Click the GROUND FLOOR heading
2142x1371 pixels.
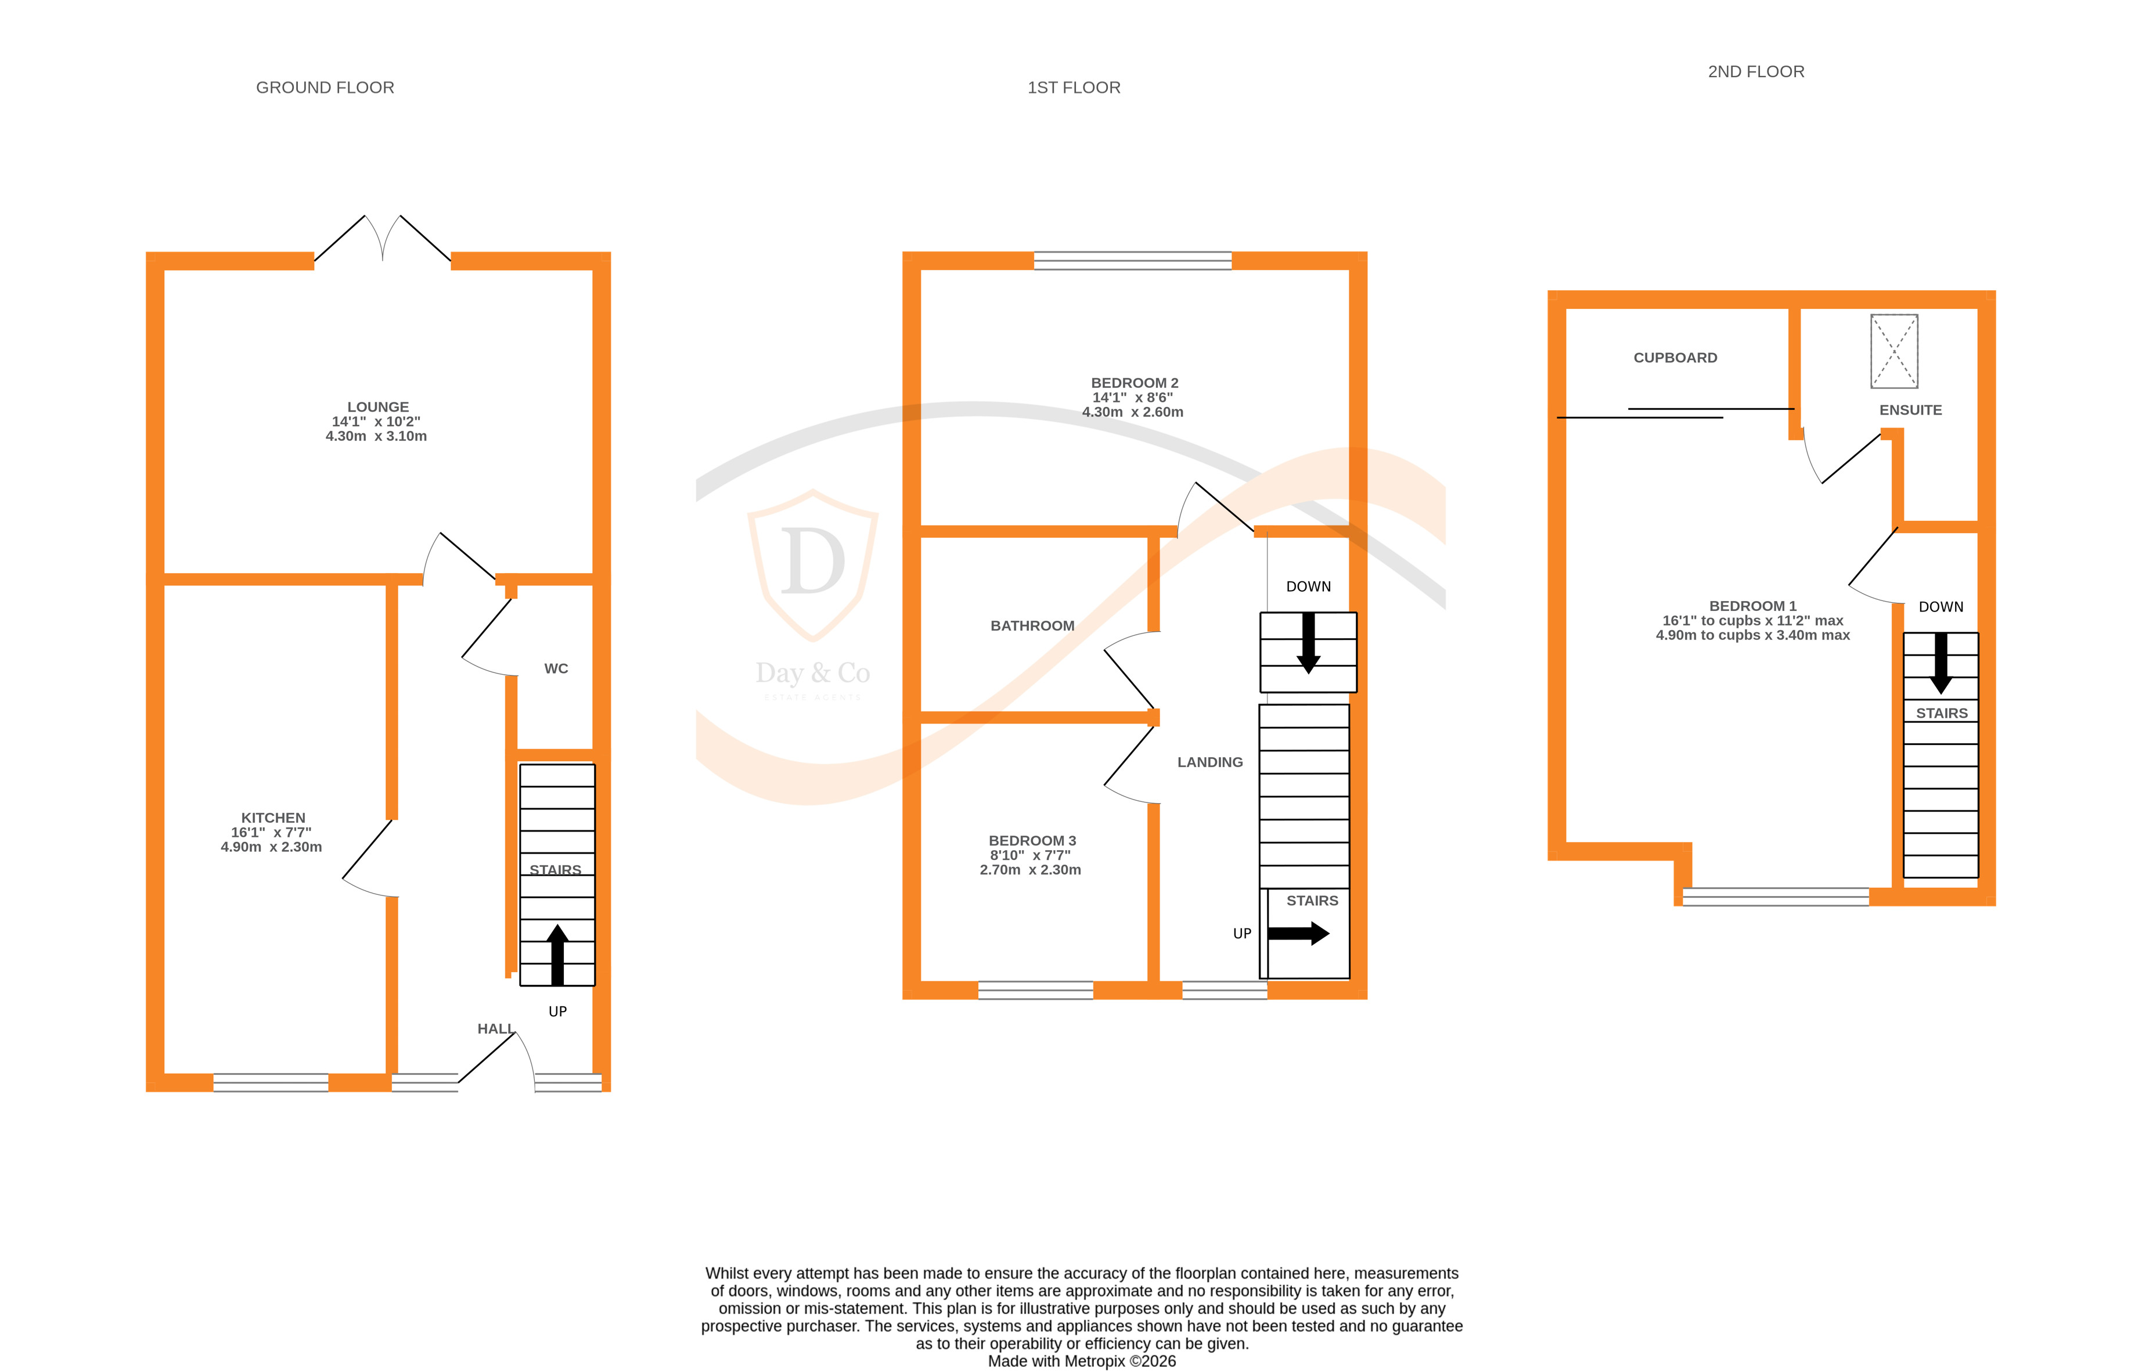(325, 87)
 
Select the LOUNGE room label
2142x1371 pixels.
(377, 407)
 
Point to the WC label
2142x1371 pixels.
(556, 668)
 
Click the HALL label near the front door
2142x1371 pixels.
(495, 1029)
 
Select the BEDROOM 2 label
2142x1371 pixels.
(1133, 383)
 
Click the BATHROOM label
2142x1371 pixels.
(1032, 626)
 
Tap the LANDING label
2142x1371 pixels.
(1209, 762)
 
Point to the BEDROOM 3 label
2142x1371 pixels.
(1032, 840)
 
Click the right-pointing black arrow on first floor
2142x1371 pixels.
(1298, 933)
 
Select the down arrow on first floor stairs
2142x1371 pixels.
(1308, 643)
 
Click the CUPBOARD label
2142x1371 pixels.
(1675, 358)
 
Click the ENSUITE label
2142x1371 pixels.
(1910, 411)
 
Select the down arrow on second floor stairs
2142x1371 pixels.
(1941, 663)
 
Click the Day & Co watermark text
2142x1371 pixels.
(812, 673)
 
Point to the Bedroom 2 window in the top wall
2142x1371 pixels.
(1132, 260)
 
